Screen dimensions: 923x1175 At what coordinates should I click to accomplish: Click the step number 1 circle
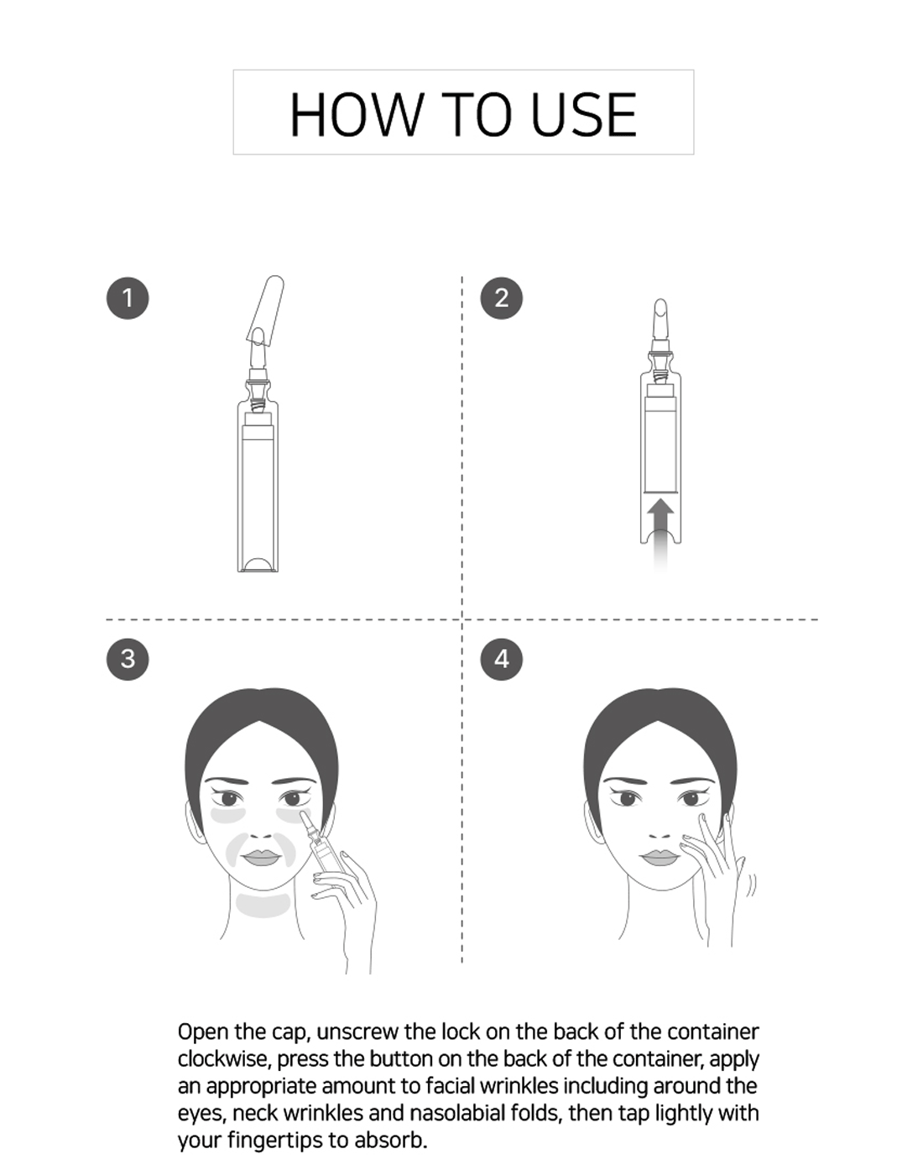click(128, 298)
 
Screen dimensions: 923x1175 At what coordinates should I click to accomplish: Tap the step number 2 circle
click(502, 298)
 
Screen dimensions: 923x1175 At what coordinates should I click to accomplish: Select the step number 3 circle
click(128, 659)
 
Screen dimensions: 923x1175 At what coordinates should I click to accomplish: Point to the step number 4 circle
click(502, 659)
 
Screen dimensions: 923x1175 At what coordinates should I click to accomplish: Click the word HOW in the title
click(356, 115)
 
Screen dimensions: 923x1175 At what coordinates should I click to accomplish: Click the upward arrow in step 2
click(660, 533)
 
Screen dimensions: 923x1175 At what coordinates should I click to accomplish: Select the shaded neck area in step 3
click(263, 906)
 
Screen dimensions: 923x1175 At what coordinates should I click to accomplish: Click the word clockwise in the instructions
click(223, 1058)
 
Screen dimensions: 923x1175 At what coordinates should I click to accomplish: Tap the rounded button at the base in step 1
click(258, 565)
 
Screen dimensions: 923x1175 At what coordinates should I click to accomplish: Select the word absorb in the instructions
click(391, 1140)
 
